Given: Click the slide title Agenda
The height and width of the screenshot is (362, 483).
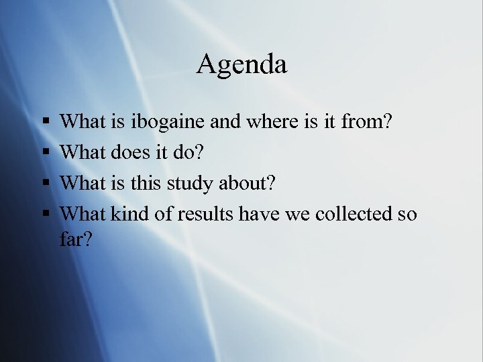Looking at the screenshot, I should pos(241,65).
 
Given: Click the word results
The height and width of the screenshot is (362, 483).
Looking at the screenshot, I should pos(201,214).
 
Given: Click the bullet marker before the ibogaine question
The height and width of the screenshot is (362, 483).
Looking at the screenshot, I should pos(44,123).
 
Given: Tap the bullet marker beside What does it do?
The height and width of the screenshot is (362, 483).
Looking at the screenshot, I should pos(44,154).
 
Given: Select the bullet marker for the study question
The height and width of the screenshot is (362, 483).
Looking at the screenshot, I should pos(44,184).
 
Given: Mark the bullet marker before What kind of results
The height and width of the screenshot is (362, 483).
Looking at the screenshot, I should pos(44,215).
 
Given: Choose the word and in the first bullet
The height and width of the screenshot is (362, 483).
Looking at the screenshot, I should pos(223,122).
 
